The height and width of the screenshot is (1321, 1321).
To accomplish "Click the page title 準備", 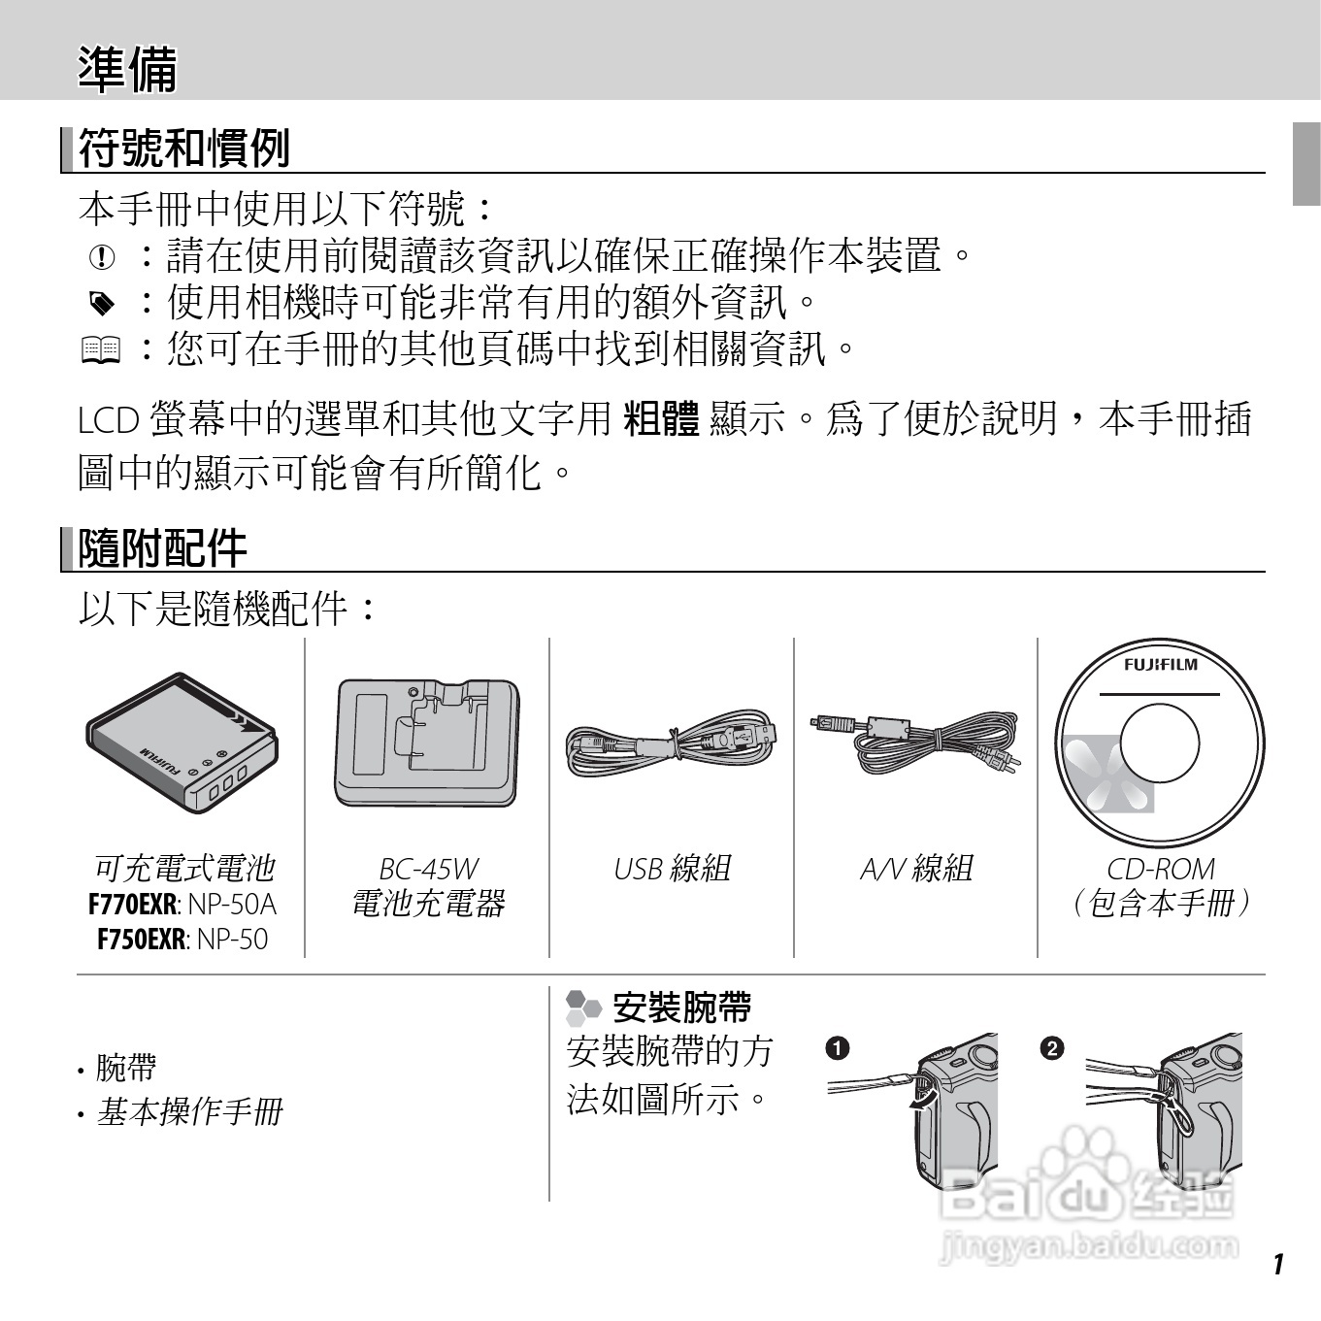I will tap(127, 69).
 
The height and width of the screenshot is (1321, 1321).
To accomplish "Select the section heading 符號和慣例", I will tap(183, 149).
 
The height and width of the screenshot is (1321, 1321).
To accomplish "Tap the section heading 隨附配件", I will tap(162, 548).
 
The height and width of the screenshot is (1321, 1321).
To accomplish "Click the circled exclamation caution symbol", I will tap(101, 257).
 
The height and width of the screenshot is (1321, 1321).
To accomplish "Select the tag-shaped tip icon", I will tap(101, 304).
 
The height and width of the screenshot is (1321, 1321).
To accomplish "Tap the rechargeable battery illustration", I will tap(182, 743).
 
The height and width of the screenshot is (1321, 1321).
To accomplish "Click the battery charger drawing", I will tap(426, 743).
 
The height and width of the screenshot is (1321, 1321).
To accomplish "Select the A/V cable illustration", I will tap(915, 738).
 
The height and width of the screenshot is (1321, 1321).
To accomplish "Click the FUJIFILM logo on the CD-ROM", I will tap(1160, 665).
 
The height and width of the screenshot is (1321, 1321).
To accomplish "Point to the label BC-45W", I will tap(428, 869).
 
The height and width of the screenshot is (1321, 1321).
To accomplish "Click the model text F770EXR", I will tap(132, 905).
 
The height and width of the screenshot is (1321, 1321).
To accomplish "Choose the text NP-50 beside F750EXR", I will tap(232, 940).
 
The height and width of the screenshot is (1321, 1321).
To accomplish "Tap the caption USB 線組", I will tap(672, 869).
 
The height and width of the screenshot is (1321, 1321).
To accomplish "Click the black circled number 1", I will tap(837, 1048).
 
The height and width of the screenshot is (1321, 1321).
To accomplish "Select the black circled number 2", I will tap(1051, 1048).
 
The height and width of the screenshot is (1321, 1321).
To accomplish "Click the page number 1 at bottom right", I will tap(1277, 1264).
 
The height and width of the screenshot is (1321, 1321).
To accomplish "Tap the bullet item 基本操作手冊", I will tap(188, 1112).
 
